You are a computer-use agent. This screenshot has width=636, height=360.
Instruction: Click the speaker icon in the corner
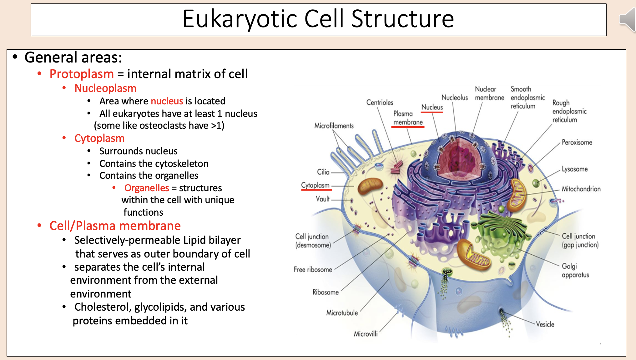point(628,19)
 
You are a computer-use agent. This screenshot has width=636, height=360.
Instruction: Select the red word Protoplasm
point(82,74)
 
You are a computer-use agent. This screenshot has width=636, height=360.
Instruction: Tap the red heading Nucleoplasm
point(105,88)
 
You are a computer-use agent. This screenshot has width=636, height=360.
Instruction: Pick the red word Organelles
point(147,188)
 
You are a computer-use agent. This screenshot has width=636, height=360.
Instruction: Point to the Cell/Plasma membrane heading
point(115,226)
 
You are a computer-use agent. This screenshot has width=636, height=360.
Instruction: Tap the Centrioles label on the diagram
point(380,102)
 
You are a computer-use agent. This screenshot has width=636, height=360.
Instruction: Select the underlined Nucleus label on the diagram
point(432,107)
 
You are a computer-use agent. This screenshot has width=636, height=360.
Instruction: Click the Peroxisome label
point(577,142)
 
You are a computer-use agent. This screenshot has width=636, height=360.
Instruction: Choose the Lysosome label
point(575,169)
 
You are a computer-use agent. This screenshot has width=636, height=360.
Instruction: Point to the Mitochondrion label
point(581,189)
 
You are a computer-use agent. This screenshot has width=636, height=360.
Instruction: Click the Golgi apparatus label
point(575,270)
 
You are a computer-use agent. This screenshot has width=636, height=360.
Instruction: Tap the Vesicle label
point(545,324)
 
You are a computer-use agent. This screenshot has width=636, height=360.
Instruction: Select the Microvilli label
point(366,334)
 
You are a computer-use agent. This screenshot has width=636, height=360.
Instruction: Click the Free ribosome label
point(313,269)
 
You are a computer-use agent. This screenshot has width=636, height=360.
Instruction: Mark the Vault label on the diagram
point(322,199)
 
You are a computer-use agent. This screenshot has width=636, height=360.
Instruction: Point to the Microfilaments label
point(334,126)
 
